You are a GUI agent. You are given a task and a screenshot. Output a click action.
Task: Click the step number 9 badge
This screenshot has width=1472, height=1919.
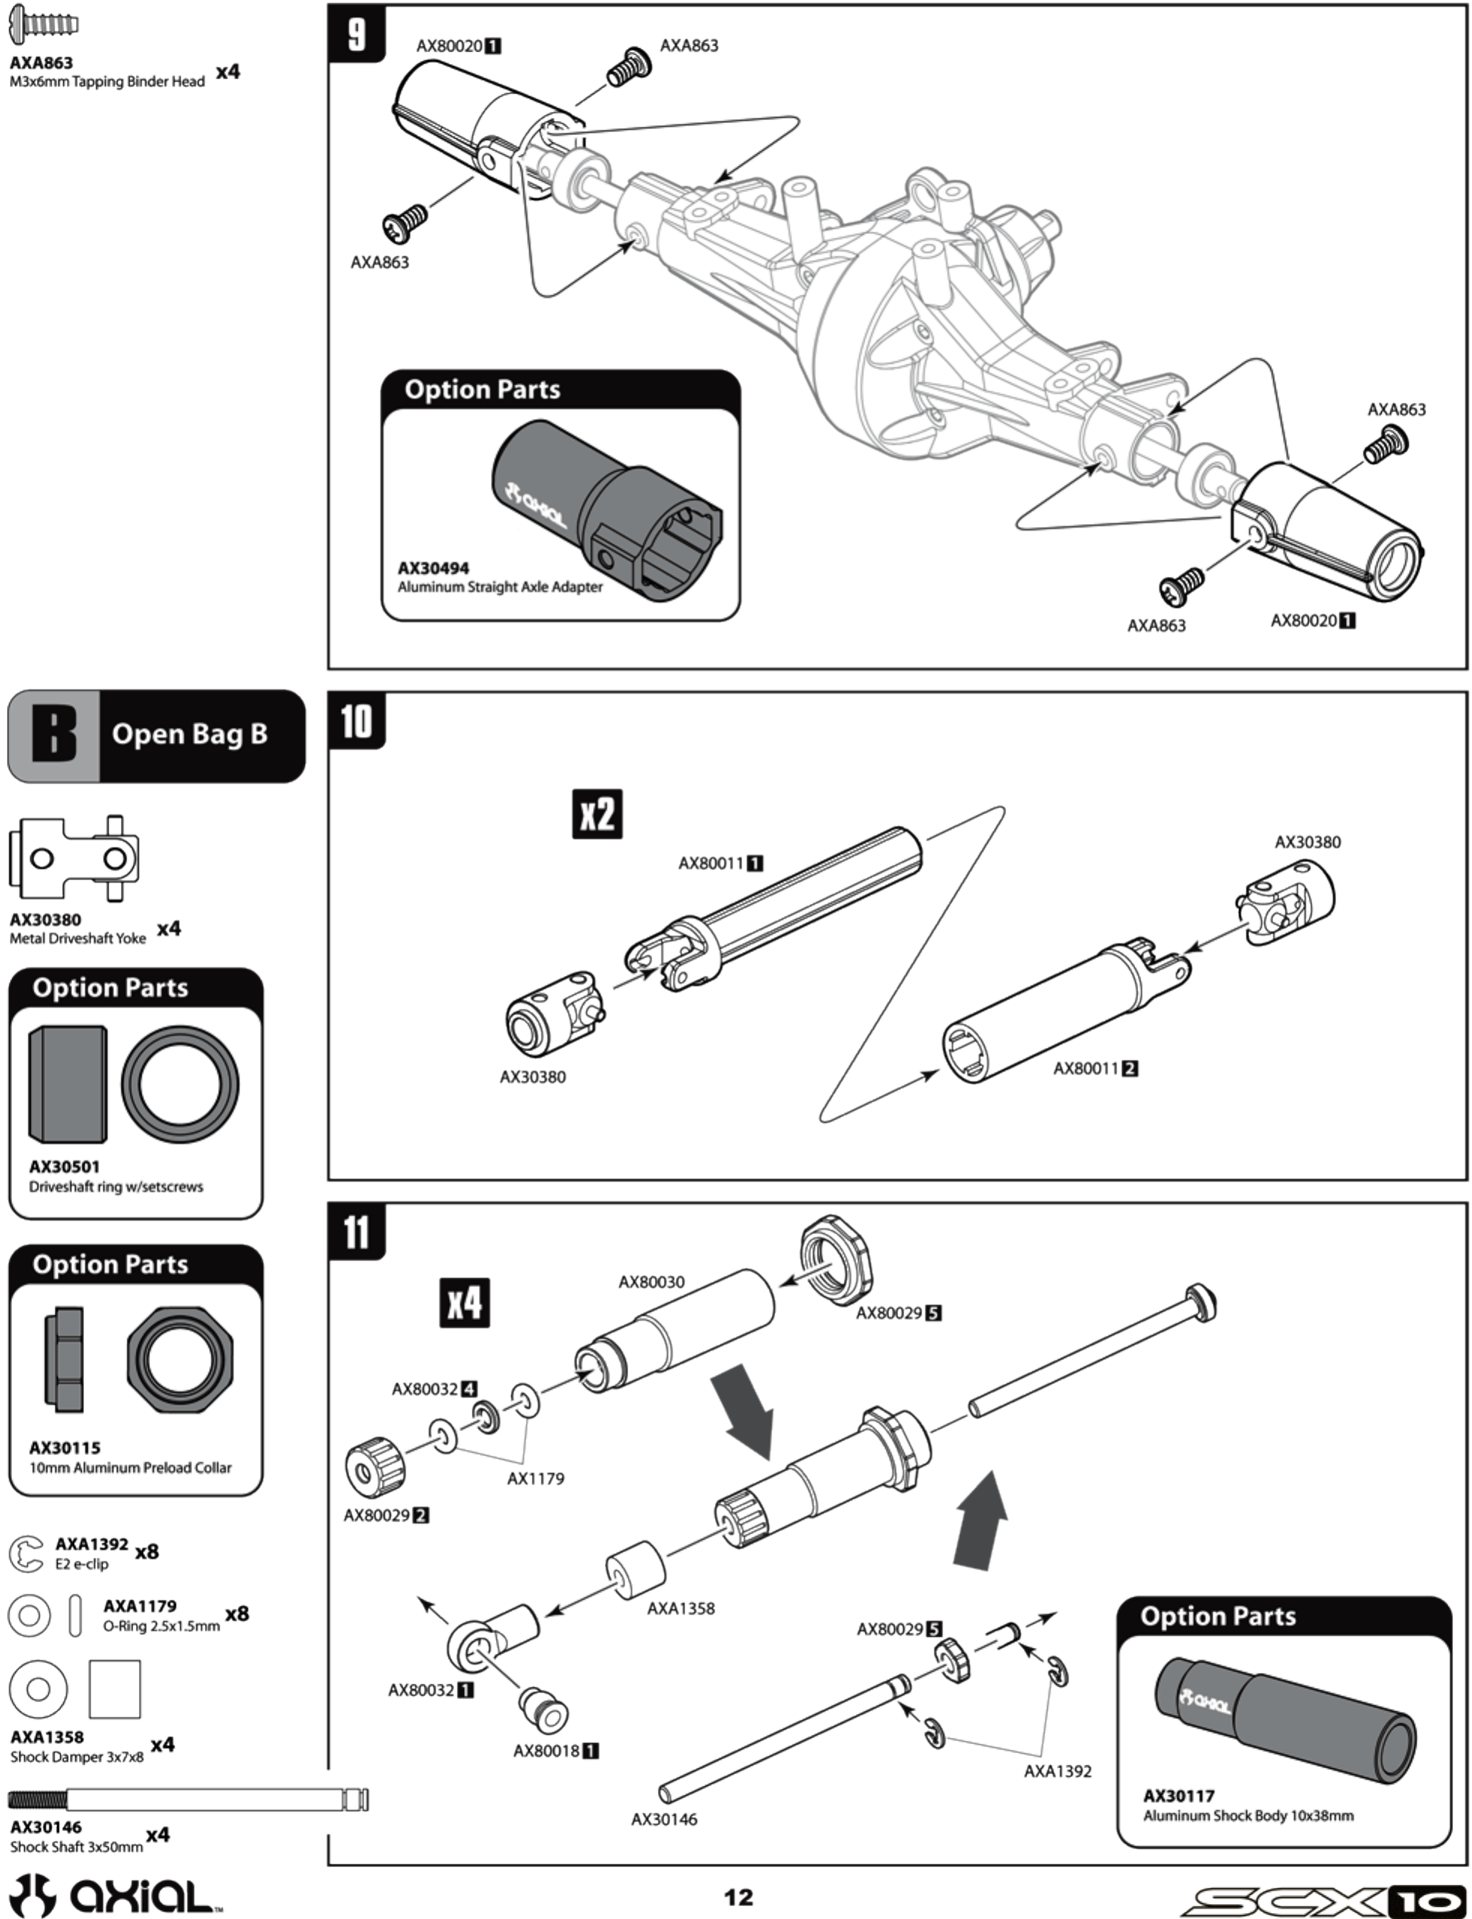tap(356, 35)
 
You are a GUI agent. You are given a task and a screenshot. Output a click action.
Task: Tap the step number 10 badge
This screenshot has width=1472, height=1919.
tap(356, 721)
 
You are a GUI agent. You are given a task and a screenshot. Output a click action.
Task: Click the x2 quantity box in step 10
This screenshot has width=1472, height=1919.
tap(597, 814)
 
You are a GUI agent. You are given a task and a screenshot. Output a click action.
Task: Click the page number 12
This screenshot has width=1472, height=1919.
tap(737, 1897)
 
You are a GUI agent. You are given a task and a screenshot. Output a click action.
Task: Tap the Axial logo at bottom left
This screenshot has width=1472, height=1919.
tap(114, 1895)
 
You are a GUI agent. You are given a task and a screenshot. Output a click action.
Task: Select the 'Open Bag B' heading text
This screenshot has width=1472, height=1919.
tap(190, 733)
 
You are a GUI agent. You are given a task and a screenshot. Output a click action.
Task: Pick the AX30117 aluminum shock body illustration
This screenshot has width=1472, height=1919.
tap(1285, 1721)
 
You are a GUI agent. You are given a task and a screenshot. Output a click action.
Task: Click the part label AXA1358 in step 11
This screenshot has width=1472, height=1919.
tap(681, 1608)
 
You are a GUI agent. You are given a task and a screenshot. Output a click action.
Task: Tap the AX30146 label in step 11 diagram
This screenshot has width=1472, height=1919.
tap(664, 1819)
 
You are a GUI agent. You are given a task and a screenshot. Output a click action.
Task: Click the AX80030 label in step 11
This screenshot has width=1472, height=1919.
tap(651, 1282)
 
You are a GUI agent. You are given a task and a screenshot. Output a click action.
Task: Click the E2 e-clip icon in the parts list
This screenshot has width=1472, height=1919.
tap(25, 1555)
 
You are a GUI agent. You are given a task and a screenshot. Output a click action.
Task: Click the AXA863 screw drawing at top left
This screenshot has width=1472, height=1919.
tap(43, 24)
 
